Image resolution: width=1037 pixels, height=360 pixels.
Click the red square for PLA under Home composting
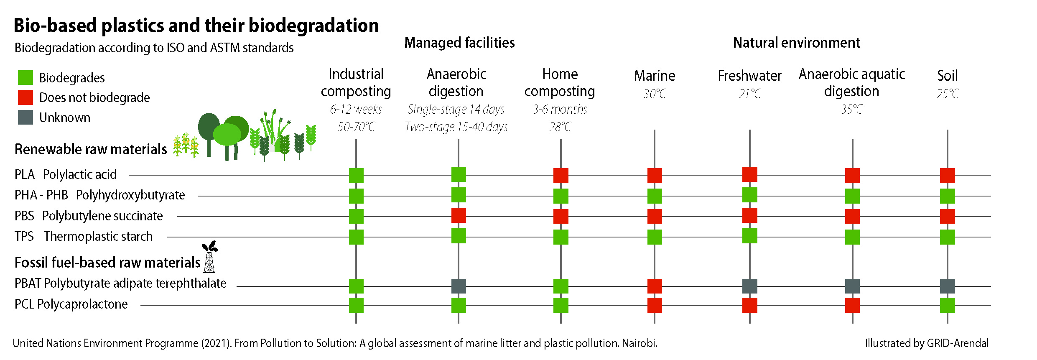(x=561, y=175)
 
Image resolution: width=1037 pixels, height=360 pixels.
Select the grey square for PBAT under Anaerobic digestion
(x=459, y=286)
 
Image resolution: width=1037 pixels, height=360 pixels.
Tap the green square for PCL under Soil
(x=947, y=305)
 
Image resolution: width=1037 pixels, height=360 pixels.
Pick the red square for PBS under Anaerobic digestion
(x=459, y=216)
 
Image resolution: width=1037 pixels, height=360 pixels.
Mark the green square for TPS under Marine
(x=655, y=237)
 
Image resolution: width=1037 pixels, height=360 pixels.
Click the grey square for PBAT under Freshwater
(x=749, y=286)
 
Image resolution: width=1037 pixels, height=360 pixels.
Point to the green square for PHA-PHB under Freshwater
(x=749, y=195)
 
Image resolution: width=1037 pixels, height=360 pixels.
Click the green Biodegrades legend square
(x=25, y=77)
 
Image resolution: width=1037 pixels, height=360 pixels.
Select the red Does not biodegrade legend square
(x=25, y=97)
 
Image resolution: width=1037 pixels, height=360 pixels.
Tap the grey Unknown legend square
(x=25, y=117)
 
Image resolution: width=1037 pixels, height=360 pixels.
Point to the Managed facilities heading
(x=459, y=43)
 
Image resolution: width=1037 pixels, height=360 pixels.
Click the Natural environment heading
(x=796, y=43)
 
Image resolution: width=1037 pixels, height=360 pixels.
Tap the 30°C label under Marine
(x=655, y=94)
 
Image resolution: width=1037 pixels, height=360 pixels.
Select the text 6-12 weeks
(x=356, y=109)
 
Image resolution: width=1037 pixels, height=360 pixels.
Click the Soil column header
(x=947, y=76)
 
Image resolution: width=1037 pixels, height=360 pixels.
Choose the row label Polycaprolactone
(x=82, y=304)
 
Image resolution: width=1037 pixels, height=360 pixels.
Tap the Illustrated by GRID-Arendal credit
(x=927, y=343)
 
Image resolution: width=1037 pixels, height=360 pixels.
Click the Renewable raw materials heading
(x=91, y=149)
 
